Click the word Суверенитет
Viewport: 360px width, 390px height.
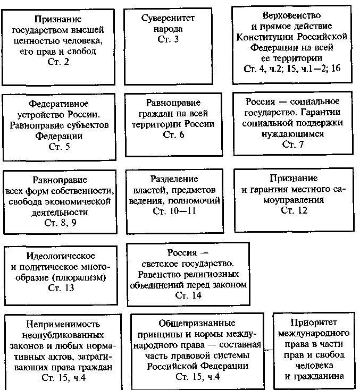click(x=168, y=19)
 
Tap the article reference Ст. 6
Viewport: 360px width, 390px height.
click(x=173, y=135)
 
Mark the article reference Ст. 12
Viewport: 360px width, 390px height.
click(x=294, y=211)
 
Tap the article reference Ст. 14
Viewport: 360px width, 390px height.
click(x=189, y=296)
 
